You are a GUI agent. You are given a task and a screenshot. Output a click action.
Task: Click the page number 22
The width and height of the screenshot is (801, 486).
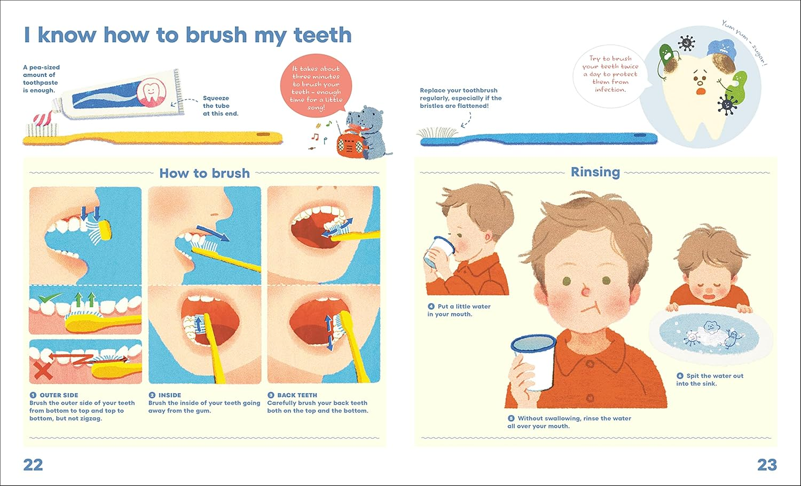click(x=33, y=465)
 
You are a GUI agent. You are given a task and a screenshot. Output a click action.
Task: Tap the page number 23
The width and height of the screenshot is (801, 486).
click(x=767, y=465)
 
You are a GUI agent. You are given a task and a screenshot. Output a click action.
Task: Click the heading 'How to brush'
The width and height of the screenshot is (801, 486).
click(x=205, y=173)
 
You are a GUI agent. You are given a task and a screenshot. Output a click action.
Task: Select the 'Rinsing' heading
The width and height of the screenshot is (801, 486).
click(x=595, y=172)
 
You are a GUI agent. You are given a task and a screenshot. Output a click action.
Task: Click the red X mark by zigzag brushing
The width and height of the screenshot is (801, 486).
click(x=43, y=371)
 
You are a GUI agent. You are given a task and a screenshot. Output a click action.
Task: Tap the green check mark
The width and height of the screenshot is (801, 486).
click(x=49, y=298)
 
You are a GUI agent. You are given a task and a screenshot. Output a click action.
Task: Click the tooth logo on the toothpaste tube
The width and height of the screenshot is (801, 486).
click(x=152, y=92)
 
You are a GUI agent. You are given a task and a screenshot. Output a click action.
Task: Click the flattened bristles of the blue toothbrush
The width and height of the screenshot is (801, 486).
click(x=437, y=133)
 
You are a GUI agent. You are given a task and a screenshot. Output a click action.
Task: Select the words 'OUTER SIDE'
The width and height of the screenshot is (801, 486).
click(x=59, y=395)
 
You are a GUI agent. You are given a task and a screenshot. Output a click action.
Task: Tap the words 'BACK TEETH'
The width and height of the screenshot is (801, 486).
click(x=297, y=395)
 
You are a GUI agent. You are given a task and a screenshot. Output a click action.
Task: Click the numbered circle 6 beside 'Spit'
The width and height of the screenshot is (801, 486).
click(x=680, y=376)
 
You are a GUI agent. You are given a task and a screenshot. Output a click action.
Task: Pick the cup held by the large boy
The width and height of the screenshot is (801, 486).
click(x=533, y=362)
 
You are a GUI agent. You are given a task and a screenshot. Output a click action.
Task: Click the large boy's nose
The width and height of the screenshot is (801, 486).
click(x=585, y=292)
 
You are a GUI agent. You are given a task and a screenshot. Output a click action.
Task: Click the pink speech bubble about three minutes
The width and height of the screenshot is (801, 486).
click(x=316, y=86)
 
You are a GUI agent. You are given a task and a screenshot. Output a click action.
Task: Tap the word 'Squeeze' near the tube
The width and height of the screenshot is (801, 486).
click(x=216, y=98)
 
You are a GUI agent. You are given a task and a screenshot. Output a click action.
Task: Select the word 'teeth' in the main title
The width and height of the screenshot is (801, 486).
click(x=323, y=35)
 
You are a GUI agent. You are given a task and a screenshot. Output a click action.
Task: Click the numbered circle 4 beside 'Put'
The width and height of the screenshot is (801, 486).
click(x=431, y=306)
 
